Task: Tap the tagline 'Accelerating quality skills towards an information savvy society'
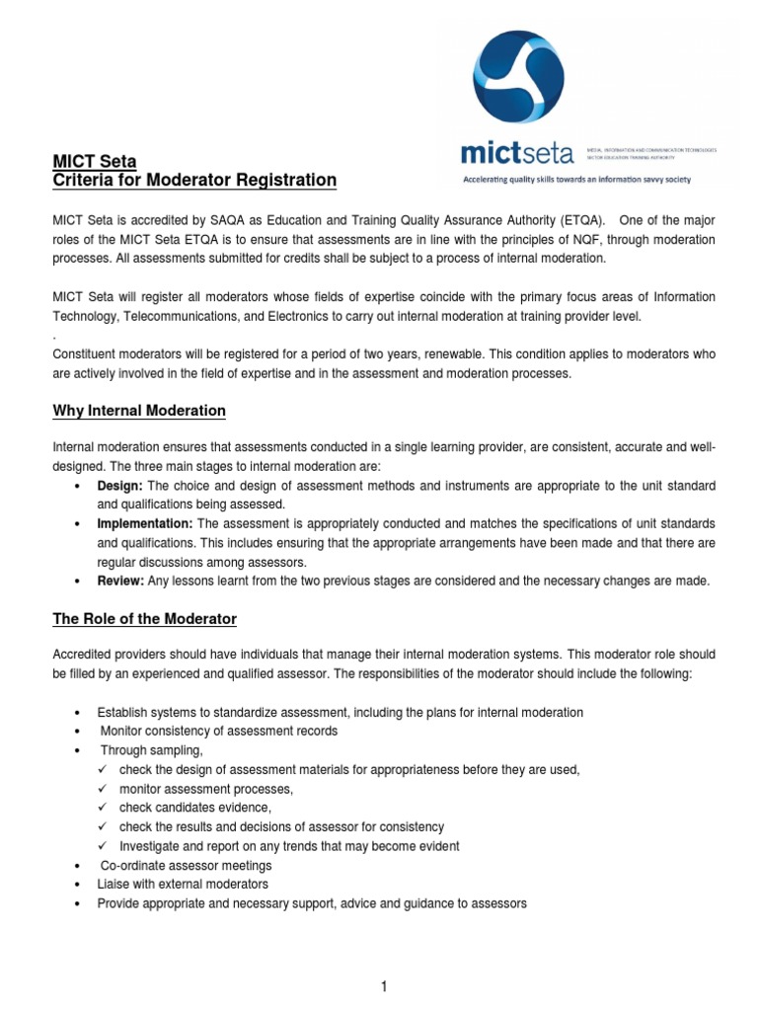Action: coord(577,180)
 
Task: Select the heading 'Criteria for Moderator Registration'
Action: coord(194,181)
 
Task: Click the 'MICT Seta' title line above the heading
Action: coord(94,162)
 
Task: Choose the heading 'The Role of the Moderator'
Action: coord(144,619)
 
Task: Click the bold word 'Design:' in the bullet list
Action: coord(119,487)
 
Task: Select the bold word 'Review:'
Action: coord(120,581)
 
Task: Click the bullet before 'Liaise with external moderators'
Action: coord(78,884)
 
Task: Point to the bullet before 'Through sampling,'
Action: coord(78,750)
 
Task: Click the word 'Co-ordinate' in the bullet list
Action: coord(133,865)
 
